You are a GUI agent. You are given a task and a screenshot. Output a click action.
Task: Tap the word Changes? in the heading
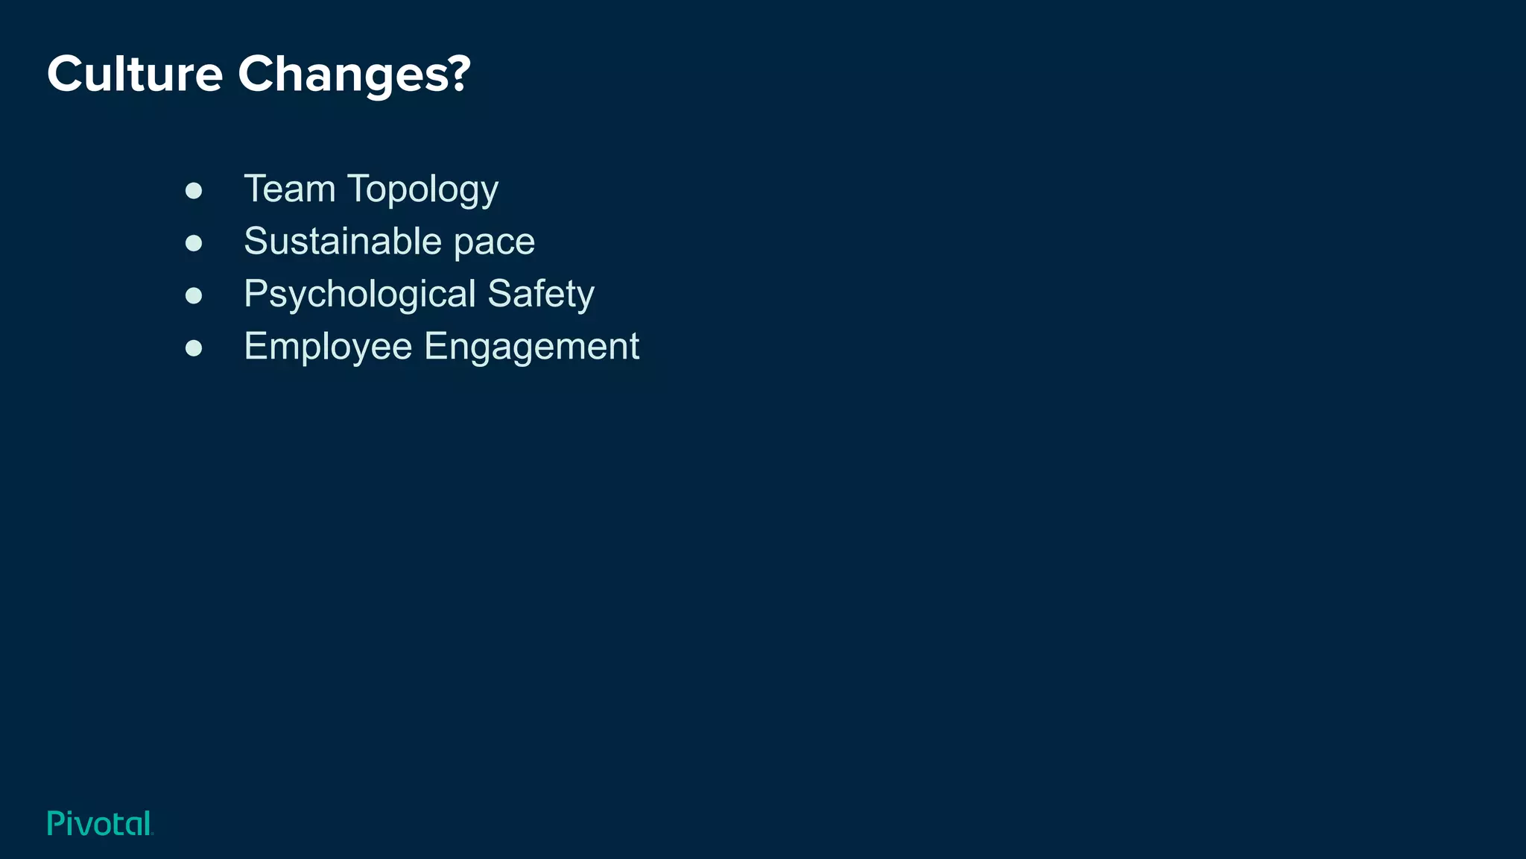354,75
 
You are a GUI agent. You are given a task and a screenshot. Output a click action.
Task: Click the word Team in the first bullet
289,189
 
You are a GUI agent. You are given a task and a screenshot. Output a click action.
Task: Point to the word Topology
422,190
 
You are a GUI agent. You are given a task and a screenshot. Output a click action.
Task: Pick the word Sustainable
343,241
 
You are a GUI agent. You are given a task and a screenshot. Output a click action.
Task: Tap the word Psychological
360,295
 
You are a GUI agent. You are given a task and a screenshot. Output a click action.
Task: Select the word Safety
541,295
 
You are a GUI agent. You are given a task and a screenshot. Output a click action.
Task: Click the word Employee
328,347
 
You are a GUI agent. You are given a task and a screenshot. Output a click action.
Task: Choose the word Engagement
531,347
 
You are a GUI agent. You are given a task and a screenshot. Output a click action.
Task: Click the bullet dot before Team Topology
194,191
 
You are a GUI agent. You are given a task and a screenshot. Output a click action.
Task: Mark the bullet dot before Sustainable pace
194,243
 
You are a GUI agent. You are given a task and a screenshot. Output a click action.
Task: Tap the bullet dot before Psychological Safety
194,295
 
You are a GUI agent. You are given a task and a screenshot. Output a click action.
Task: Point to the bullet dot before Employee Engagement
194,347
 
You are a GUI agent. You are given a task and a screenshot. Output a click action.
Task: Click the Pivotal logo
100,823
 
